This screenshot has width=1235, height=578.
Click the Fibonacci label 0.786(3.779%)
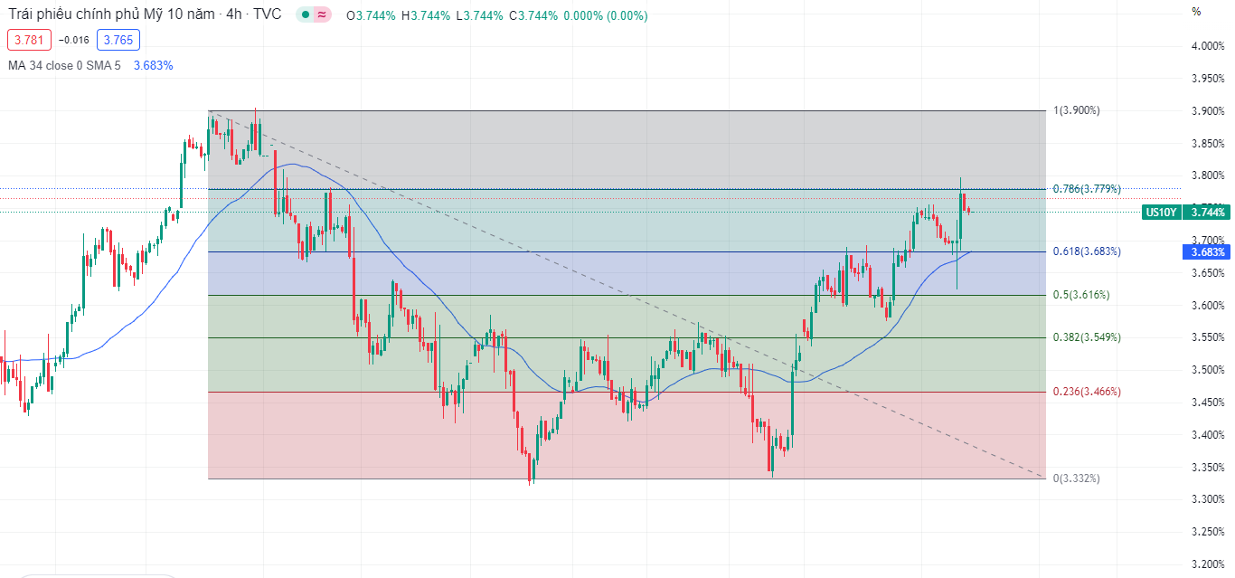tap(1087, 189)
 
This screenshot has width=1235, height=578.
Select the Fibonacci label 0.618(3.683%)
tap(1087, 251)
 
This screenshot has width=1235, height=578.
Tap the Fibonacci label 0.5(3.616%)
tap(1081, 295)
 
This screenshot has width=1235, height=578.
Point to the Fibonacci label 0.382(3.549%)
tap(1087, 337)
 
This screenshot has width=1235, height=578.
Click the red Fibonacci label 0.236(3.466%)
tap(1087, 392)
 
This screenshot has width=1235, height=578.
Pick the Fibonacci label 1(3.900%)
tap(1076, 110)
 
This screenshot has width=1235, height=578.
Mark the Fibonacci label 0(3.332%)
tap(1076, 478)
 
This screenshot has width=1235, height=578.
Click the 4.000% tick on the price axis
tap(1207, 46)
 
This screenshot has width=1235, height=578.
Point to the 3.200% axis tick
tap(1207, 564)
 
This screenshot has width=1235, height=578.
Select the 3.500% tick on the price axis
tap(1207, 370)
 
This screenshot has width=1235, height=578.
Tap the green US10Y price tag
tap(1160, 213)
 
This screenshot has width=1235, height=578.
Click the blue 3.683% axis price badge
tap(1208, 252)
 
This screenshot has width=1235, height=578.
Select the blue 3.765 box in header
tap(118, 40)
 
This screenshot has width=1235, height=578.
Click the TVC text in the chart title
tap(268, 14)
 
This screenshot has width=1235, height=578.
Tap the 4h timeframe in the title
tap(234, 14)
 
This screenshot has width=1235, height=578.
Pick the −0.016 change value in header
tap(73, 40)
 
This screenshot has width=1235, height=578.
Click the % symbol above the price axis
tap(1196, 12)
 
